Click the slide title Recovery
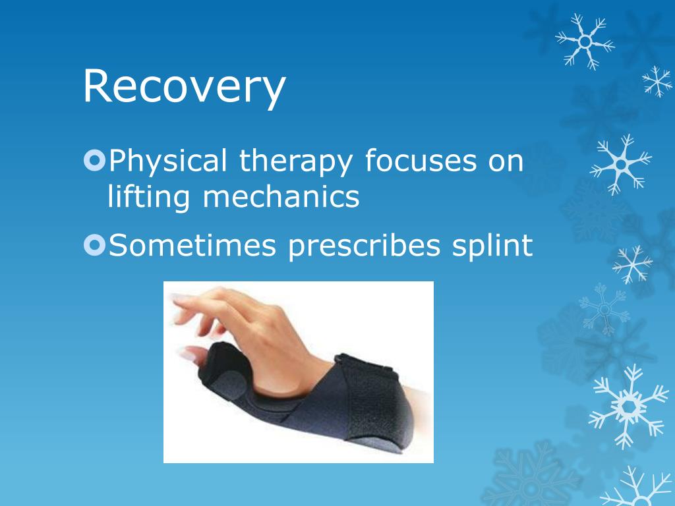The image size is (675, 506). click(185, 87)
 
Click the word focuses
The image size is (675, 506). click(420, 161)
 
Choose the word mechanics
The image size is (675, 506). click(281, 196)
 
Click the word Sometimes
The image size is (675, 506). click(192, 246)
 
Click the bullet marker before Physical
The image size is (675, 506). click(94, 161)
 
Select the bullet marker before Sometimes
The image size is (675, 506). click(94, 246)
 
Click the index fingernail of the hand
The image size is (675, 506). click(178, 298)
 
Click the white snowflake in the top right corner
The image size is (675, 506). click(585, 42)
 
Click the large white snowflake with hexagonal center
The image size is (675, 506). click(628, 406)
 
